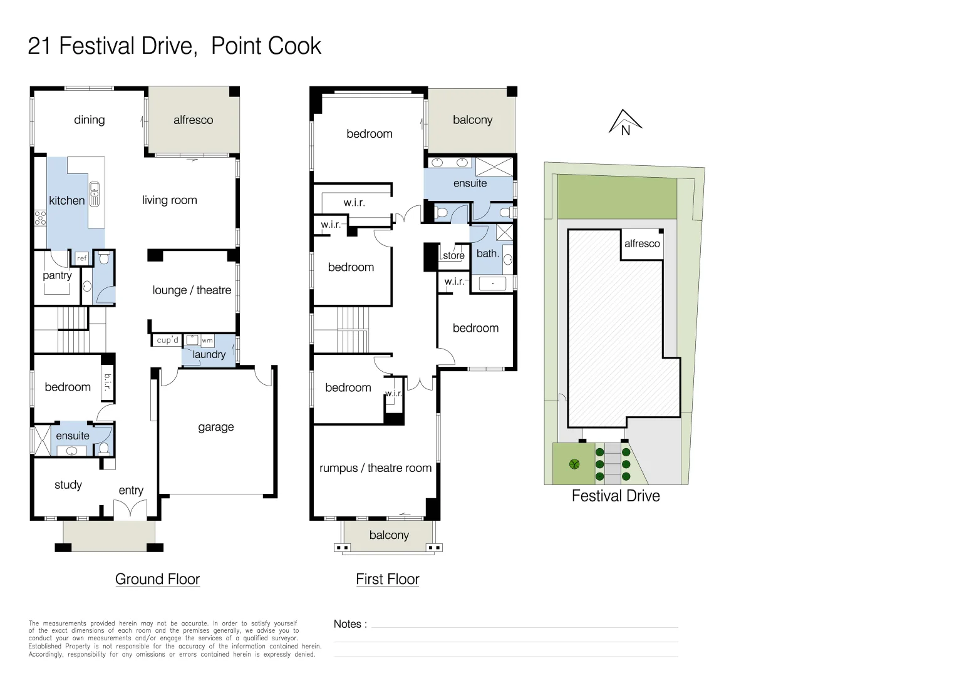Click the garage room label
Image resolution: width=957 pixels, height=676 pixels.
pyautogui.click(x=215, y=427)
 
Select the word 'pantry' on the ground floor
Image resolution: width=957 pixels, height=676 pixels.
pyautogui.click(x=57, y=275)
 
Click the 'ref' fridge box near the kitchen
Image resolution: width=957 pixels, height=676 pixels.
pyautogui.click(x=81, y=258)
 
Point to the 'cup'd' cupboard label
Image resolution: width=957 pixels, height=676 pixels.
pyautogui.click(x=167, y=340)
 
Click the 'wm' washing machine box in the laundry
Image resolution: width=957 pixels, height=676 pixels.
pyautogui.click(x=207, y=341)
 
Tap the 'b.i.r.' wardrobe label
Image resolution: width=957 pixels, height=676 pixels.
pyautogui.click(x=108, y=382)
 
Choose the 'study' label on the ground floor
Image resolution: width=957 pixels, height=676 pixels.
pyautogui.click(x=68, y=484)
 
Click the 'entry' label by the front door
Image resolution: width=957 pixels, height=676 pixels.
pyautogui.click(x=131, y=490)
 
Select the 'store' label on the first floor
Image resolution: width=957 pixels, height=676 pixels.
pyautogui.click(x=453, y=255)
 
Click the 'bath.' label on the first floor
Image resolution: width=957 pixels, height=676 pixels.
pyautogui.click(x=487, y=253)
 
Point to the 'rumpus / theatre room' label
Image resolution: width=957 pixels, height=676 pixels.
pyautogui.click(x=376, y=468)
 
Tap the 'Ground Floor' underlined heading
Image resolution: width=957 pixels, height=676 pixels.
pyautogui.click(x=157, y=579)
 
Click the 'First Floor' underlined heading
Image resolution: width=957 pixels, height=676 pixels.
pyautogui.click(x=388, y=579)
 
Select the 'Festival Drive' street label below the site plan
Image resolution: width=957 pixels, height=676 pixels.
pyautogui.click(x=616, y=496)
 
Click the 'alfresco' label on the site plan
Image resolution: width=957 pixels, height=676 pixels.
pyautogui.click(x=642, y=243)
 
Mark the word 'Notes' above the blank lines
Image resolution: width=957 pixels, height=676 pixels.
pyautogui.click(x=348, y=624)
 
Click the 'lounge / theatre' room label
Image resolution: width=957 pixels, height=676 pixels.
pyautogui.click(x=192, y=290)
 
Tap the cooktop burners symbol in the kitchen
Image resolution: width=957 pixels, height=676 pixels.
pyautogui.click(x=40, y=218)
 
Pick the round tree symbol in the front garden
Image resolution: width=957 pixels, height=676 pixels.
pyautogui.click(x=574, y=464)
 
